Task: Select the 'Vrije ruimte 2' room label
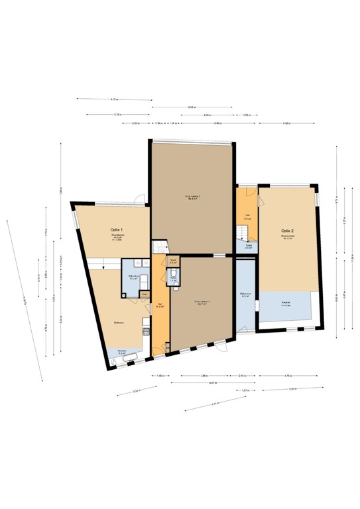pos(192,196)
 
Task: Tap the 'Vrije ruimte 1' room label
pos(202,302)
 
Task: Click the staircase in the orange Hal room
pos(243,232)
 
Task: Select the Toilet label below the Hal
pos(248,245)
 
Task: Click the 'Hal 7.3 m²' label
pos(247,215)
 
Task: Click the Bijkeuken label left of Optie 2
pos(245,294)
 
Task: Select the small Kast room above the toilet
pos(172,261)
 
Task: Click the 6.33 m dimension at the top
pos(192,107)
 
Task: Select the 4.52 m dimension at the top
pos(286,123)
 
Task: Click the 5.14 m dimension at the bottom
pos(214,404)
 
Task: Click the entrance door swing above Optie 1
pos(139,198)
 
